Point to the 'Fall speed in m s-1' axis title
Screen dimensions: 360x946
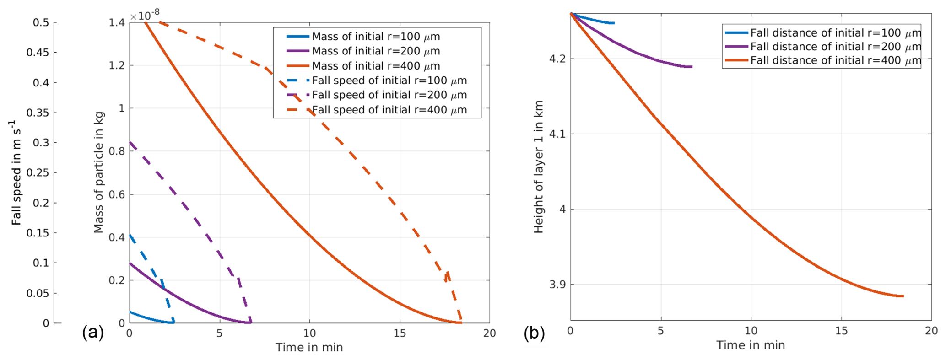pyautogui.click(x=16, y=172)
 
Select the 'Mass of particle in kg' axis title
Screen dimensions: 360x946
pyautogui.click(x=98, y=172)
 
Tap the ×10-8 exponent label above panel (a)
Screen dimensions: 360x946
pyautogui.click(x=145, y=16)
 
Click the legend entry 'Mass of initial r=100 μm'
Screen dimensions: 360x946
pyautogui.click(x=376, y=37)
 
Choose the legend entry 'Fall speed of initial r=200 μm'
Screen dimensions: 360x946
pyautogui.click(x=389, y=95)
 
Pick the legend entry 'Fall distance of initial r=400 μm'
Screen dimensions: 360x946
pyautogui.click(x=835, y=60)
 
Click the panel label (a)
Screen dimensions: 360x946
pyautogui.click(x=93, y=333)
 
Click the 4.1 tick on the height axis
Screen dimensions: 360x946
pyautogui.click(x=558, y=134)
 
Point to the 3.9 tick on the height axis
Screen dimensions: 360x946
pyautogui.click(x=558, y=285)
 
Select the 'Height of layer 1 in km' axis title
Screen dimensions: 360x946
pyautogui.click(x=539, y=167)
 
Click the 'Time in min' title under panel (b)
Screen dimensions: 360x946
pyautogui.click(x=751, y=345)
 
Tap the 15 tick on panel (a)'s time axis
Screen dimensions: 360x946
pyautogui.click(x=400, y=333)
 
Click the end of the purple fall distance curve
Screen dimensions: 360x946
pyautogui.click(x=692, y=67)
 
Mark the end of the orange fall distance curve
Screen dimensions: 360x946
pyautogui.click(x=903, y=296)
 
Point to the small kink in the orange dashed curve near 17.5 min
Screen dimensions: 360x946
pyautogui.click(x=447, y=274)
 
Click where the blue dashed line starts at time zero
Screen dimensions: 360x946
pyautogui.click(x=130, y=235)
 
